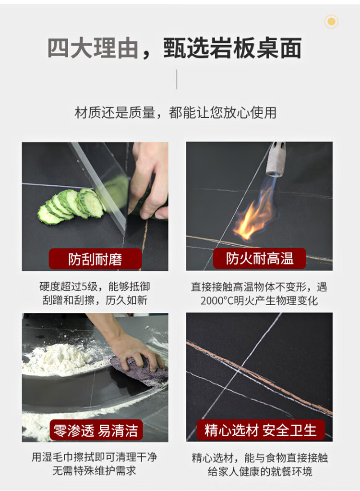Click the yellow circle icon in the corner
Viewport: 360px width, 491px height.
[x=331, y=22]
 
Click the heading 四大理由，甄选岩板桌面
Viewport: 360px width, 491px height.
[x=174, y=48]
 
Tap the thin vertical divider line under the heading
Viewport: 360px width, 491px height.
[x=177, y=79]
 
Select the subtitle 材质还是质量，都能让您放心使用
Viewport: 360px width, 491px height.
[x=176, y=113]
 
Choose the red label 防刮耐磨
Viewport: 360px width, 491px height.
[x=95, y=259]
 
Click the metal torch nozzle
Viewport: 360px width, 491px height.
[x=276, y=159]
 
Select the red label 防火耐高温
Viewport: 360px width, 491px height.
[x=260, y=258]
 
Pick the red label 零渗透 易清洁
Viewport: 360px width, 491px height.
[x=96, y=431]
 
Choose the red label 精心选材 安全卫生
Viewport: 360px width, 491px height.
[x=261, y=430]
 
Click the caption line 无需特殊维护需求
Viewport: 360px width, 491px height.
[x=94, y=470]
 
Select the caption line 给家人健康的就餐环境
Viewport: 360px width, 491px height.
[x=260, y=471]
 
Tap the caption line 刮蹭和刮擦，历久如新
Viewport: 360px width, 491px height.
[x=95, y=300]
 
